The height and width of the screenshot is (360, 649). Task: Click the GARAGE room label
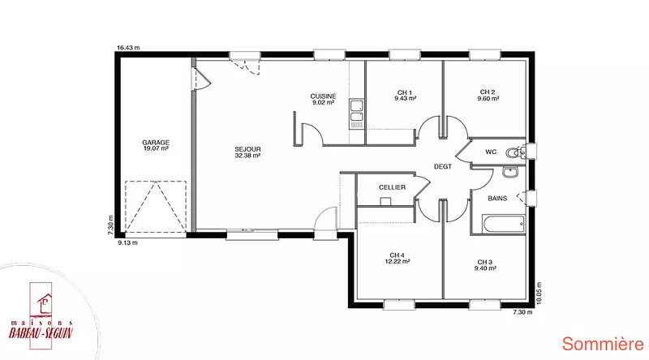tap(156, 145)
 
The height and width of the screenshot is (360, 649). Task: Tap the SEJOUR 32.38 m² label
tap(247, 152)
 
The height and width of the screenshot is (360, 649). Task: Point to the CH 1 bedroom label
tap(405, 96)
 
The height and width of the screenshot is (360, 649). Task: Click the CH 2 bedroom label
tap(488, 95)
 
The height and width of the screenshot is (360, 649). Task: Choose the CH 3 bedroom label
tap(485, 265)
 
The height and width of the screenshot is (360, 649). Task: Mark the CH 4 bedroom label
tap(398, 258)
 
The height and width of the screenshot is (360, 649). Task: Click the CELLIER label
tap(392, 187)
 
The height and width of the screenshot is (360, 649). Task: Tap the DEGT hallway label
tap(442, 167)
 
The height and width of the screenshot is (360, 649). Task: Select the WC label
tap(491, 152)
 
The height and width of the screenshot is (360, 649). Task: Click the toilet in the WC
tap(515, 152)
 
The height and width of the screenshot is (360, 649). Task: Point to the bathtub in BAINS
tap(504, 225)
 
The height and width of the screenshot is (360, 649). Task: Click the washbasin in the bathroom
tap(510, 172)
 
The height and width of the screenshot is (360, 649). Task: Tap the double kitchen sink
tap(356, 114)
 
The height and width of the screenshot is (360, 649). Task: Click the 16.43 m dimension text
tap(128, 48)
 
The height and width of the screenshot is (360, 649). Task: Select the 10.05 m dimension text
tap(539, 294)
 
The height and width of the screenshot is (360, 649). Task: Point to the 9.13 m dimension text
tap(127, 243)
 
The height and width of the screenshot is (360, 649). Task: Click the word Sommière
tap(603, 345)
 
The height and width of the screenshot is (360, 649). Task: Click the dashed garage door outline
tap(156, 207)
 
